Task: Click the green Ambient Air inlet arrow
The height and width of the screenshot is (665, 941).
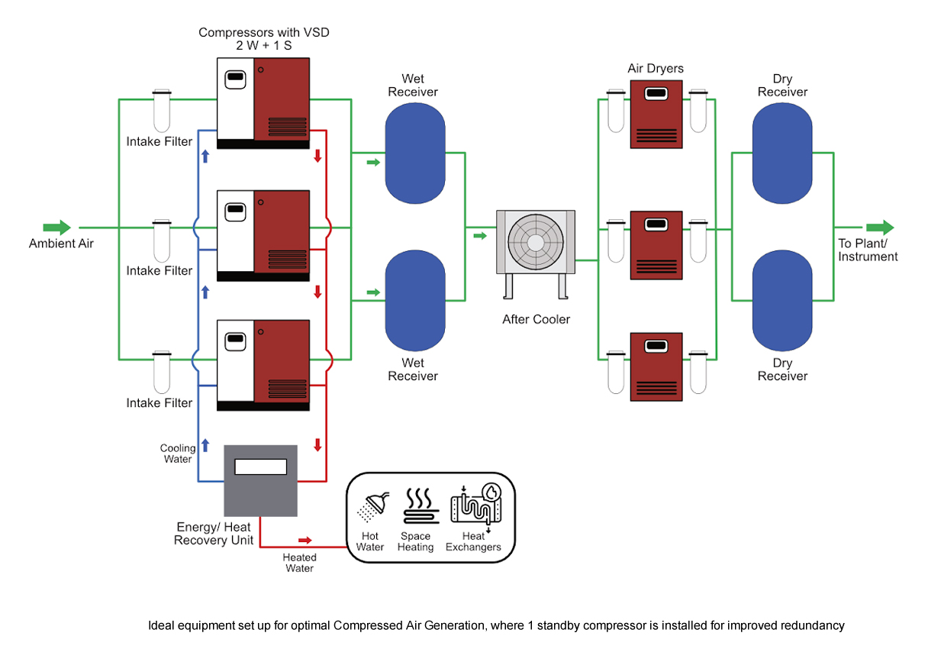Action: (x=57, y=228)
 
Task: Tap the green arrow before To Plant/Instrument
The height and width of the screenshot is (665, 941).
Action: (x=879, y=228)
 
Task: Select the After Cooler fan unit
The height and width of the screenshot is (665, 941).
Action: (x=536, y=242)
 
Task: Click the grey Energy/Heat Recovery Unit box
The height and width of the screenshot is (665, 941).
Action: (x=260, y=479)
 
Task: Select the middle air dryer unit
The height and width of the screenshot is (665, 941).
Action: (x=656, y=245)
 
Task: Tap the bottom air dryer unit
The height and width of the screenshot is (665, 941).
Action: (x=656, y=366)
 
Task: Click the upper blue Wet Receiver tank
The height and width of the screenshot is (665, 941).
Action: (x=414, y=153)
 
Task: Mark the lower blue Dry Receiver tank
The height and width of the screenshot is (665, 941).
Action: (x=782, y=302)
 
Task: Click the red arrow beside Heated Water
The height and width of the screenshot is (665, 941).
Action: (x=305, y=540)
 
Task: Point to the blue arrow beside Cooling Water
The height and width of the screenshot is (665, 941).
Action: (x=205, y=445)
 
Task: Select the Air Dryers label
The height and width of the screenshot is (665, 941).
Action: (x=656, y=69)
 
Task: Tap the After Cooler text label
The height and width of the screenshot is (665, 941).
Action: (x=536, y=319)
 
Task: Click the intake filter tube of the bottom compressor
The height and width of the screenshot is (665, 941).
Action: (x=162, y=372)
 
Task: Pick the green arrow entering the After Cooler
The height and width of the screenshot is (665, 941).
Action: (x=479, y=236)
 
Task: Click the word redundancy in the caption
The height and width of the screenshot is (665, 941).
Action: (x=812, y=625)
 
